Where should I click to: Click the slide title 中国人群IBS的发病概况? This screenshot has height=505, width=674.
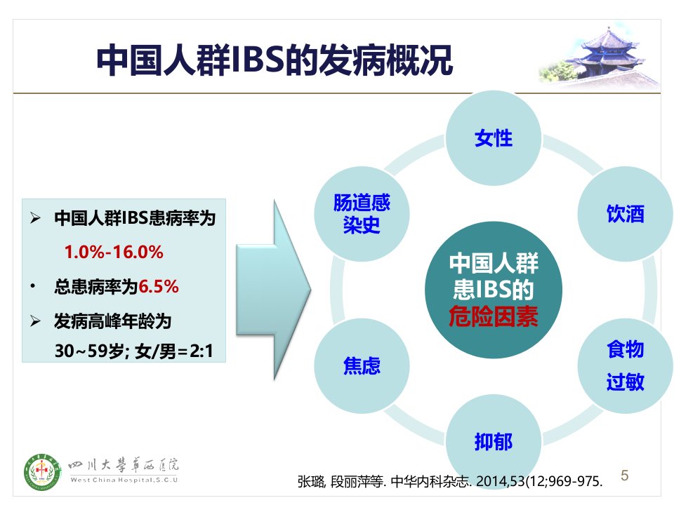tap(275, 60)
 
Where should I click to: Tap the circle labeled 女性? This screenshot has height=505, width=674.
tap(494, 138)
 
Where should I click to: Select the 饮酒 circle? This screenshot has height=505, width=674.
tap(625, 214)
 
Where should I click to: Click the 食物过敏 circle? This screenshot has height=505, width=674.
tap(625, 366)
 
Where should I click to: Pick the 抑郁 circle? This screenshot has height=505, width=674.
tap(494, 441)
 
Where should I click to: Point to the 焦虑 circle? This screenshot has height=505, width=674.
tap(362, 366)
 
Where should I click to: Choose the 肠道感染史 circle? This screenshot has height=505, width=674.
tap(362, 214)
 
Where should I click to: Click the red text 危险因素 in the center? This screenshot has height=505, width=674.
tap(494, 317)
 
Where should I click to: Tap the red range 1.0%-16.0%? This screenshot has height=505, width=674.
tap(114, 252)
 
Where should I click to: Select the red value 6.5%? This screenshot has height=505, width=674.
tap(159, 286)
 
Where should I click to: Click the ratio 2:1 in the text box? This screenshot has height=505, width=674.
tap(201, 351)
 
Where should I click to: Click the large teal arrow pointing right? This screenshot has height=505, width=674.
tap(273, 290)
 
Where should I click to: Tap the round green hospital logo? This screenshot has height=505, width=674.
tap(41, 472)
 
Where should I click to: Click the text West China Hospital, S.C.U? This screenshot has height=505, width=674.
tap(124, 480)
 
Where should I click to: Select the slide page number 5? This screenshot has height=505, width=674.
tap(625, 476)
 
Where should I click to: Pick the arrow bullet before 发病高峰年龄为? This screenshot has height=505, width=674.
tap(35, 321)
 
